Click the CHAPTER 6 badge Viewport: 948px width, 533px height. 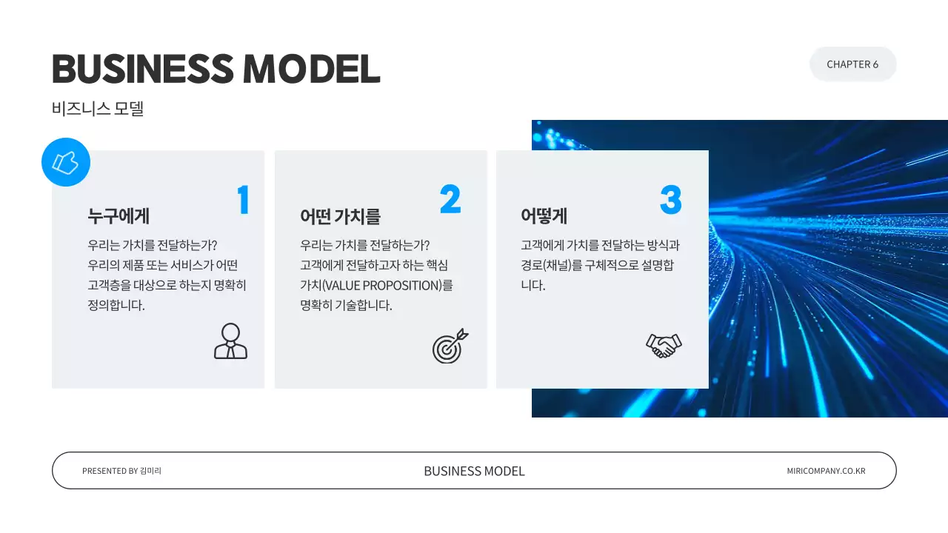tap(852, 64)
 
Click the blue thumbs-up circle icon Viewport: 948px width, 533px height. tap(66, 162)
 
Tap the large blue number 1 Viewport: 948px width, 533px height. tap(243, 200)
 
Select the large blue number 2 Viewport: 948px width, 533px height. tap(450, 199)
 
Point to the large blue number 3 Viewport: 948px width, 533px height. tap(670, 199)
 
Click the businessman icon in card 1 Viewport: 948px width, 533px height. tap(230, 341)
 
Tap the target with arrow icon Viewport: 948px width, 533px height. tap(450, 346)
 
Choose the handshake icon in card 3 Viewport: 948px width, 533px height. tap(664, 345)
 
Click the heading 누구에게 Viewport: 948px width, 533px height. tap(118, 216)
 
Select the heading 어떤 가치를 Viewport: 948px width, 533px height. tap(340, 216)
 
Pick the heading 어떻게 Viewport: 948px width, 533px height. tap(544, 216)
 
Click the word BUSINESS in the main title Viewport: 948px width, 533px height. tap(141, 69)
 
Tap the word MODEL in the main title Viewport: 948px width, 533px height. tap(312, 69)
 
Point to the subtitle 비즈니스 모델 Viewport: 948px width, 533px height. tap(98, 109)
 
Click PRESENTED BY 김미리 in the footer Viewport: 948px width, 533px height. tap(121, 471)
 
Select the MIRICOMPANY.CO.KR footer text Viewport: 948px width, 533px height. tap(826, 471)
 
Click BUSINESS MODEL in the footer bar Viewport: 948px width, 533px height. tap(474, 471)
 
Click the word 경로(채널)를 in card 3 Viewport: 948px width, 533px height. tap(547, 266)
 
